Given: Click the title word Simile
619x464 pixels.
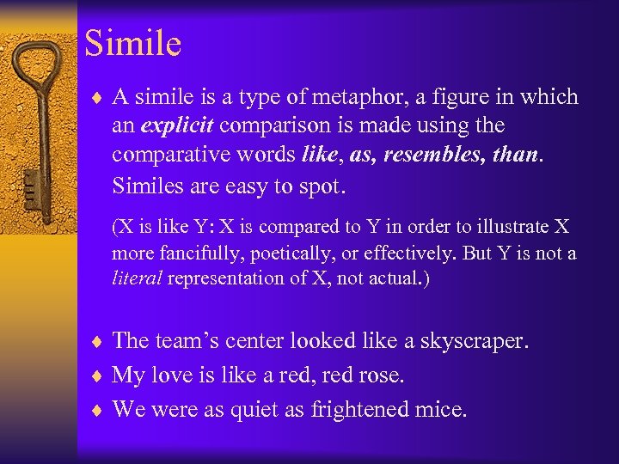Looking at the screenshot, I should pyautogui.click(x=133, y=43).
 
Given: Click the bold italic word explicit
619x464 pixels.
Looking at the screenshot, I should pyautogui.click(x=178, y=126).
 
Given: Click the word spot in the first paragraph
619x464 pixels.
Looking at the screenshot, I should pyautogui.click(x=325, y=185).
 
